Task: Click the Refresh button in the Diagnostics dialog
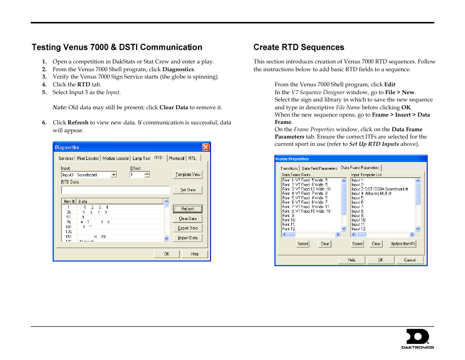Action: (x=187, y=209)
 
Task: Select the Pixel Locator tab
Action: (x=88, y=158)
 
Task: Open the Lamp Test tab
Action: (x=141, y=158)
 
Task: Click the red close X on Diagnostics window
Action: (x=206, y=147)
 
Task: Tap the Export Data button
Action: (x=187, y=228)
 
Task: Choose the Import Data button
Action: (x=187, y=238)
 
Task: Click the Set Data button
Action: (x=187, y=190)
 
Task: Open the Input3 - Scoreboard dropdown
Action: (x=114, y=175)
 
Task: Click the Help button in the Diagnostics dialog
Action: (x=194, y=254)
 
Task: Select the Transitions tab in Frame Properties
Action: (x=289, y=168)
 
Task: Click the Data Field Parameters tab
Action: (x=319, y=168)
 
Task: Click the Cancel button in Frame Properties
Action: (x=410, y=260)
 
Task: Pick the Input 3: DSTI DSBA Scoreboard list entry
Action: (x=380, y=189)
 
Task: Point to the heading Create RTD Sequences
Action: (x=298, y=47)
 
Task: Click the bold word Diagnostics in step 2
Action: (x=178, y=69)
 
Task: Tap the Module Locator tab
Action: (x=116, y=158)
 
